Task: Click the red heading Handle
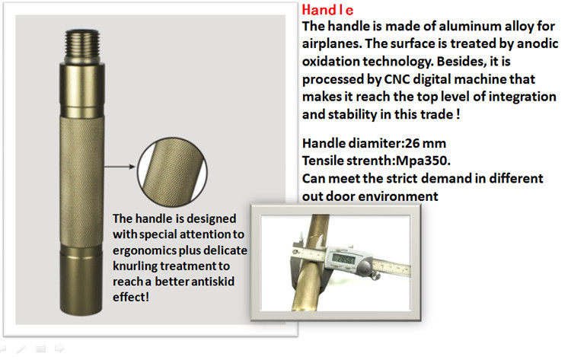[327, 10]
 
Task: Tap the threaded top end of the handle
[82, 45]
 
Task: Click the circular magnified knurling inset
[172, 172]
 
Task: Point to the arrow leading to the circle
[120, 167]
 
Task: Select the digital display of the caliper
[343, 260]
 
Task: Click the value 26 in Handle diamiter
[412, 143]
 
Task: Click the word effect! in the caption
[131, 297]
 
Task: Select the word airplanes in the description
[332, 44]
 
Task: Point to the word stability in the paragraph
[352, 115]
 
